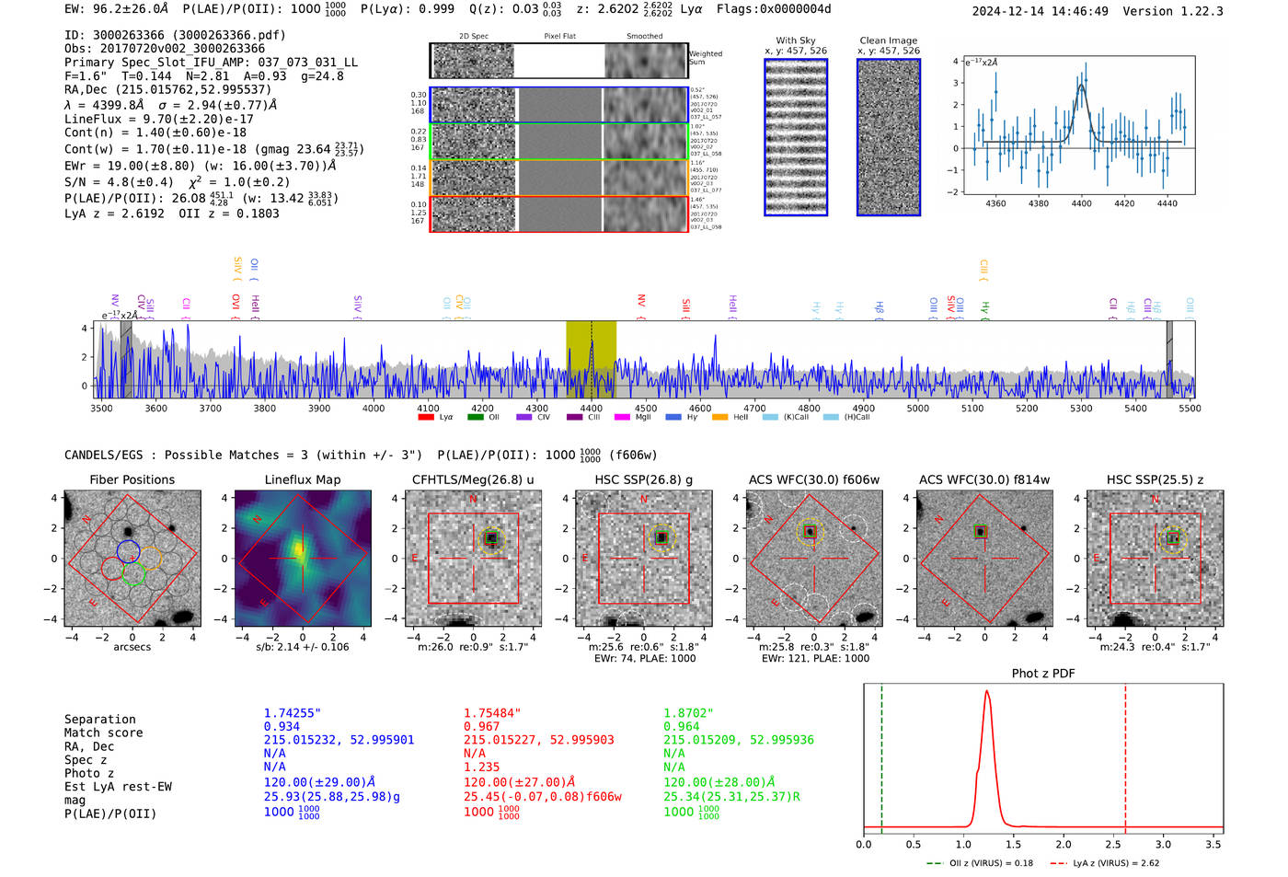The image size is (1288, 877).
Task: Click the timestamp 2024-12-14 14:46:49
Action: (x=1040, y=11)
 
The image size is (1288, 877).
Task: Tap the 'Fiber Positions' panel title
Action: (x=132, y=479)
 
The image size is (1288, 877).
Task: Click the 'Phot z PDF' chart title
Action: (x=1042, y=673)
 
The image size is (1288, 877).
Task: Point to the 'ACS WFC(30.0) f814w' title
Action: (x=983, y=479)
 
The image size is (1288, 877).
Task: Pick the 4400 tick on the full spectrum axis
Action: (x=592, y=409)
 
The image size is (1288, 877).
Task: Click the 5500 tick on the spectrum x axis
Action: (x=1190, y=409)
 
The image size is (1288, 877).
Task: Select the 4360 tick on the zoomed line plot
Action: (x=995, y=203)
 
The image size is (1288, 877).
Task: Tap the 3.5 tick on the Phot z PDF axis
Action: (x=1213, y=844)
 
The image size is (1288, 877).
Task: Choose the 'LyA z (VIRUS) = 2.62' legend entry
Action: (x=1115, y=863)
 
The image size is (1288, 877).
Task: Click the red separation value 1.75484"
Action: (x=492, y=713)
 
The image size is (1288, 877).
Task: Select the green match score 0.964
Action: (x=682, y=726)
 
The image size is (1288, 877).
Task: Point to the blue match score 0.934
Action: (x=282, y=726)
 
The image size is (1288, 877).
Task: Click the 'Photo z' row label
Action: (x=88, y=773)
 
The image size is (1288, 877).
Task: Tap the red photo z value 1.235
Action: (x=481, y=767)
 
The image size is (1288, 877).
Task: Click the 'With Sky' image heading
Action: (x=795, y=40)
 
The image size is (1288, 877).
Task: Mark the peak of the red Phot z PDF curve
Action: (x=987, y=692)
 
